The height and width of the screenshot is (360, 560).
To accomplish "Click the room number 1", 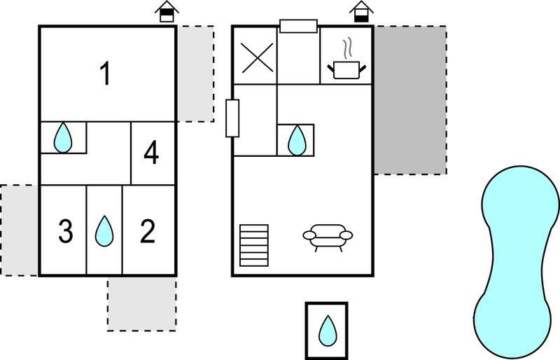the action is tap(106, 74).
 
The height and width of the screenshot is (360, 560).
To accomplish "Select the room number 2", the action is tap(148, 231).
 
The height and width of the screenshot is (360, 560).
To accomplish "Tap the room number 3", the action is tap(66, 231).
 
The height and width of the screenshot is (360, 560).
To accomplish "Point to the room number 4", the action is tap(151, 153).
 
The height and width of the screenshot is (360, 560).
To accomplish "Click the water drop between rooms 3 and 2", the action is tap(104, 231).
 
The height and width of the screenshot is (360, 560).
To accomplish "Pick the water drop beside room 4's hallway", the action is tap(63, 138).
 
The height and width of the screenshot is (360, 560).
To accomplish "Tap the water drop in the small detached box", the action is tap(328, 331).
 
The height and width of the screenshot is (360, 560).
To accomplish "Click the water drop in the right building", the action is tap(297, 140).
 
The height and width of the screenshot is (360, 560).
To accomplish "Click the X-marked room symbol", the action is tap(257, 58).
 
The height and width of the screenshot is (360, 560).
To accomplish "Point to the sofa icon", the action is tap(328, 237).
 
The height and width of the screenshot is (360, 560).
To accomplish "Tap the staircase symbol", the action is tap(254, 245).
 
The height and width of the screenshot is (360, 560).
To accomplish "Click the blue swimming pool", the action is tap(517, 262).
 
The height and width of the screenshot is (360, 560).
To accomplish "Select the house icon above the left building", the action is tap(167, 12).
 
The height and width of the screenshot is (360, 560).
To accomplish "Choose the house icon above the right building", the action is tap(361, 12).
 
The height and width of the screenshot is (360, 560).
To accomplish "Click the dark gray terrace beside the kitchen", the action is tap(410, 100).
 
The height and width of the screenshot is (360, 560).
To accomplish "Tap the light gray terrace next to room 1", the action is tap(195, 74).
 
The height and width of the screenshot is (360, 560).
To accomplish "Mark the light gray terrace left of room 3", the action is tap(19, 230).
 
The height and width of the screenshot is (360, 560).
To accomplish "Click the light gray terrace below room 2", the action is tap(142, 305).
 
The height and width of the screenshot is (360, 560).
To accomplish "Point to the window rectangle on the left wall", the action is tap(232, 118).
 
